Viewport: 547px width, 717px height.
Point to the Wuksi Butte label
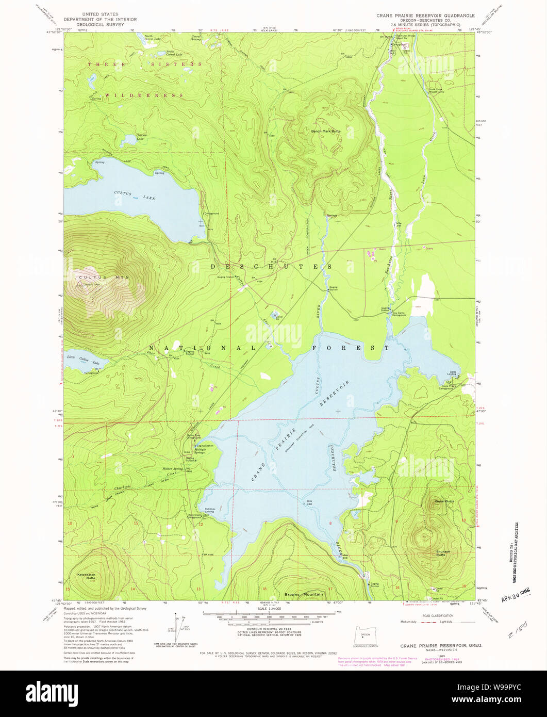pyautogui.click(x=444, y=501)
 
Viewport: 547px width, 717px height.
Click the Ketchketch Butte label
pyautogui.click(x=87, y=576)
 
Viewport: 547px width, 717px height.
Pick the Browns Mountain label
pyautogui.click(x=304, y=594)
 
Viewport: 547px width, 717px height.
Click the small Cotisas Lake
pyautogui.click(x=128, y=140)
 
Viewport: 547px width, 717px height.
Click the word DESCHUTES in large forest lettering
pyautogui.click(x=271, y=266)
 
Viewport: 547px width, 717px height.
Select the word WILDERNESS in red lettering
pyautogui.click(x=144, y=95)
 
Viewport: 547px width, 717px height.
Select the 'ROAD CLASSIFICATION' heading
pyautogui.click(x=437, y=615)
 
